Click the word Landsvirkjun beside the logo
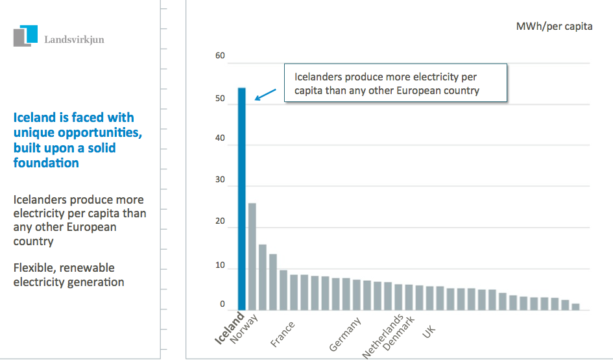point(74,40)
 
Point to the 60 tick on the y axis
point(220,56)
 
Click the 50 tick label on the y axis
point(220,99)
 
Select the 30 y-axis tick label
point(220,181)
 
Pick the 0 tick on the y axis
point(222,304)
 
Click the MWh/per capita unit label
point(554,27)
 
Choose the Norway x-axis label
point(245,327)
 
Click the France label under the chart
point(283,334)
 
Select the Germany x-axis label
point(344,335)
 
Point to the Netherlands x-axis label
point(383,337)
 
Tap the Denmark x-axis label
point(399,332)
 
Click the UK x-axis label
point(429,331)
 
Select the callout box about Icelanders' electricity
point(394,82)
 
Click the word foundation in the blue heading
point(46,163)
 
